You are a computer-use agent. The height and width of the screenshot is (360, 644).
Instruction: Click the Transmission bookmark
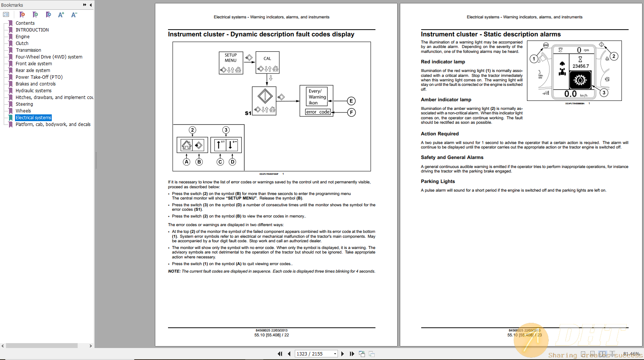point(29,50)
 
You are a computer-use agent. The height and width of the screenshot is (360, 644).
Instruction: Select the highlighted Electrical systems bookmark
point(33,118)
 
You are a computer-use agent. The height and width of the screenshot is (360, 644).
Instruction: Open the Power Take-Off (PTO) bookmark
point(39,77)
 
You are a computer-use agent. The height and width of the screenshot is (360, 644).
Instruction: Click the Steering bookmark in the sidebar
point(24,104)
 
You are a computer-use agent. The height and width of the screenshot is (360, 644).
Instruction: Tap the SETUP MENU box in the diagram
point(231,58)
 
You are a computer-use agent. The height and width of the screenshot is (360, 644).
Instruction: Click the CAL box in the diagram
point(267,58)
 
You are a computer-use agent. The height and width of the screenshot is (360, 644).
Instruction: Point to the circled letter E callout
point(351,101)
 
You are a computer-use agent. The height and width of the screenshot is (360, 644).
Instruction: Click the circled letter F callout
point(351,112)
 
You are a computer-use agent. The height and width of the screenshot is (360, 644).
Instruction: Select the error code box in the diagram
point(317,112)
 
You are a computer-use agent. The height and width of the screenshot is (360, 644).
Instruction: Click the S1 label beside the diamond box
point(248,113)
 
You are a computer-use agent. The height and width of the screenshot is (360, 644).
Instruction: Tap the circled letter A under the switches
point(186,162)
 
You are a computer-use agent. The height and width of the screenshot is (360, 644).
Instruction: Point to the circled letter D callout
point(233,162)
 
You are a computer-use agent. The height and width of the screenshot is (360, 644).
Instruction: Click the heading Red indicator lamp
point(443,62)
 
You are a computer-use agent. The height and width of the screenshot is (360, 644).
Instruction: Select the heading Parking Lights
point(437,181)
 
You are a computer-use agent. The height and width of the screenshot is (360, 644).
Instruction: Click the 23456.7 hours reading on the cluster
point(580,66)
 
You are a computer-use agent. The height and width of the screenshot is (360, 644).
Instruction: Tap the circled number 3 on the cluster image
point(603,93)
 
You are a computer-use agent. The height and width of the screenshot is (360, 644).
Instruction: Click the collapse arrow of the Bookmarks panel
point(90,5)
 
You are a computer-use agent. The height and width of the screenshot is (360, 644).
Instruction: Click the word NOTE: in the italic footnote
point(174,271)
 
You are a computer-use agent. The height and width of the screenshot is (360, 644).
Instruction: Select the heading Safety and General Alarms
point(452,157)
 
